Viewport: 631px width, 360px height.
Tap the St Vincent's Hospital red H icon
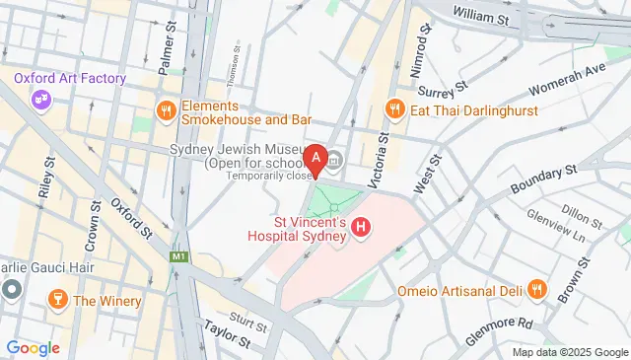(x=362, y=229)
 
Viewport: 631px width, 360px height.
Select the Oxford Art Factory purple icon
(x=40, y=99)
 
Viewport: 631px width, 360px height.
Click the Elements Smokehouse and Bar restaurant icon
(x=165, y=111)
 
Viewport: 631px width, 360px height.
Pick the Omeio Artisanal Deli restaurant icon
(x=536, y=290)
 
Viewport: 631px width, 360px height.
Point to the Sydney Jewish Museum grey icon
(x=333, y=158)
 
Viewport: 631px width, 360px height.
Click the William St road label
(x=481, y=14)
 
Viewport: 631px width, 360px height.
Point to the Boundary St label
(x=541, y=180)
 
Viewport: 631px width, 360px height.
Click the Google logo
(x=33, y=347)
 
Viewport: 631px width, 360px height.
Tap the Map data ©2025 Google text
(x=569, y=352)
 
